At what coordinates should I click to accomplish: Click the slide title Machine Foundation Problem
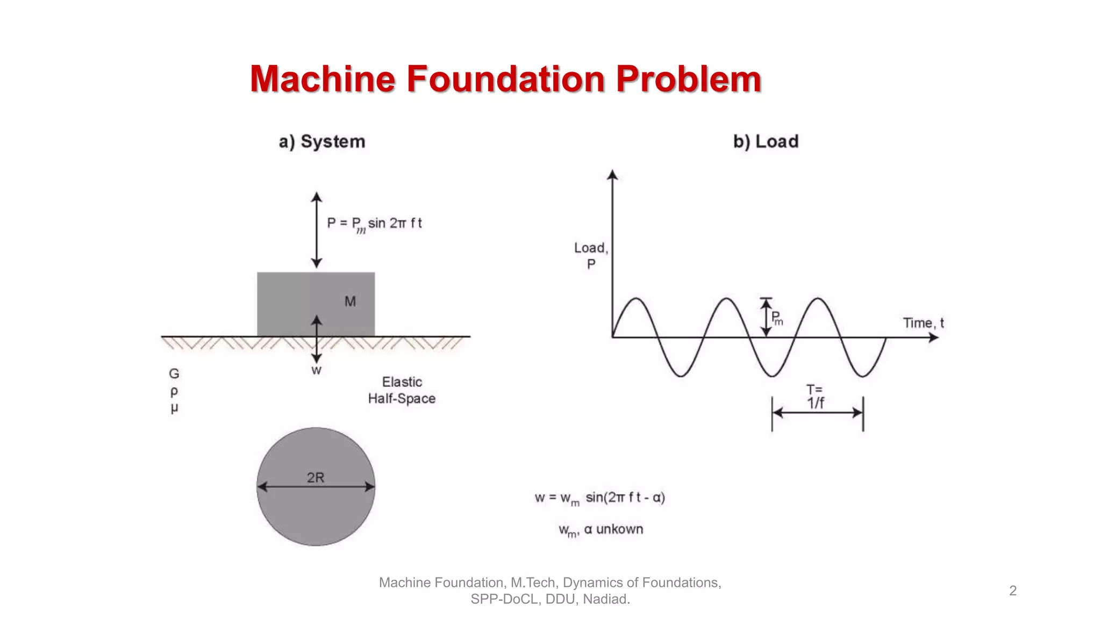click(505, 79)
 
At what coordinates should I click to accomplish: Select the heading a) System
click(321, 141)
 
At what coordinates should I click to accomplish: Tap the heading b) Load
click(766, 141)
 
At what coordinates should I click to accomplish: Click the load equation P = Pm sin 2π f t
click(374, 224)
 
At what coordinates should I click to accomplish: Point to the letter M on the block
click(350, 301)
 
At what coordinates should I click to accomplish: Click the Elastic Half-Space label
click(402, 390)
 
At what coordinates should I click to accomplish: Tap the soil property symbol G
click(174, 373)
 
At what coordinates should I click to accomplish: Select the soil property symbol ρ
click(174, 391)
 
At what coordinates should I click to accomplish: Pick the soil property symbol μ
click(174, 408)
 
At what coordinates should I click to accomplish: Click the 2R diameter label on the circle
click(316, 477)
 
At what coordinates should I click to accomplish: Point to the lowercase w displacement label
click(316, 370)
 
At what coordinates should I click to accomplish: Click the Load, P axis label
click(591, 256)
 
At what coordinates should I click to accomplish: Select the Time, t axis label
click(923, 323)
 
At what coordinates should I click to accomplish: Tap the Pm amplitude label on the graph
click(777, 318)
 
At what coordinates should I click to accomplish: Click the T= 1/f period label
click(815, 397)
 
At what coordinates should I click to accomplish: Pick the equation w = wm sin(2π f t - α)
click(599, 498)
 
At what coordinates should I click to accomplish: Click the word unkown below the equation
click(619, 529)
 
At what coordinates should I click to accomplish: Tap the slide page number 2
click(1013, 591)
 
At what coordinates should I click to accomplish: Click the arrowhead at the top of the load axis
click(612, 174)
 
